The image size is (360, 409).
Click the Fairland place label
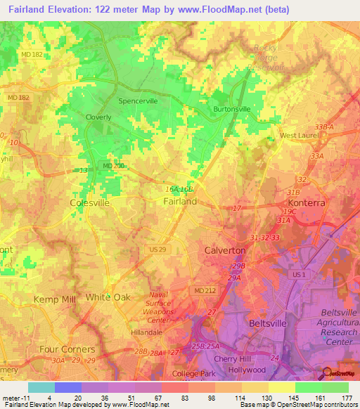tap(180, 201)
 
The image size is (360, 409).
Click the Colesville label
tap(90, 202)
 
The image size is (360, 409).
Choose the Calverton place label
tap(224, 250)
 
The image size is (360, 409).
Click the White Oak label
tap(108, 297)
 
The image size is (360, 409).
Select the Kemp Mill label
tap(39, 299)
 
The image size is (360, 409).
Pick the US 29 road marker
tap(156, 250)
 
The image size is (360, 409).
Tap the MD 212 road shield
tap(202, 290)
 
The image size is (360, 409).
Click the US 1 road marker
tap(298, 274)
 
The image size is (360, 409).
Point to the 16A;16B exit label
tap(179, 189)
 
